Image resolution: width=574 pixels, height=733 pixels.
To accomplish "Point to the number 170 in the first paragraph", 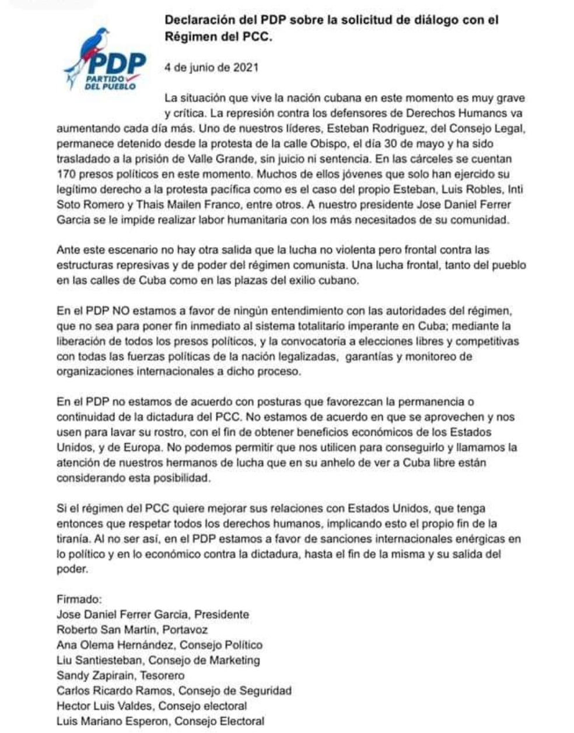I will [x=66, y=173].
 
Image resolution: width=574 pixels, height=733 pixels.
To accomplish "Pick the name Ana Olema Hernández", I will [x=116, y=645].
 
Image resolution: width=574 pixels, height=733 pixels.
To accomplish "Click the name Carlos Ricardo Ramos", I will [x=115, y=691].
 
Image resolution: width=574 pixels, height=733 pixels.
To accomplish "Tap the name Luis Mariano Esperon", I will [x=113, y=721].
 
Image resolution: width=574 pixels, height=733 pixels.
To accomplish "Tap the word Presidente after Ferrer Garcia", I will [x=222, y=615].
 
